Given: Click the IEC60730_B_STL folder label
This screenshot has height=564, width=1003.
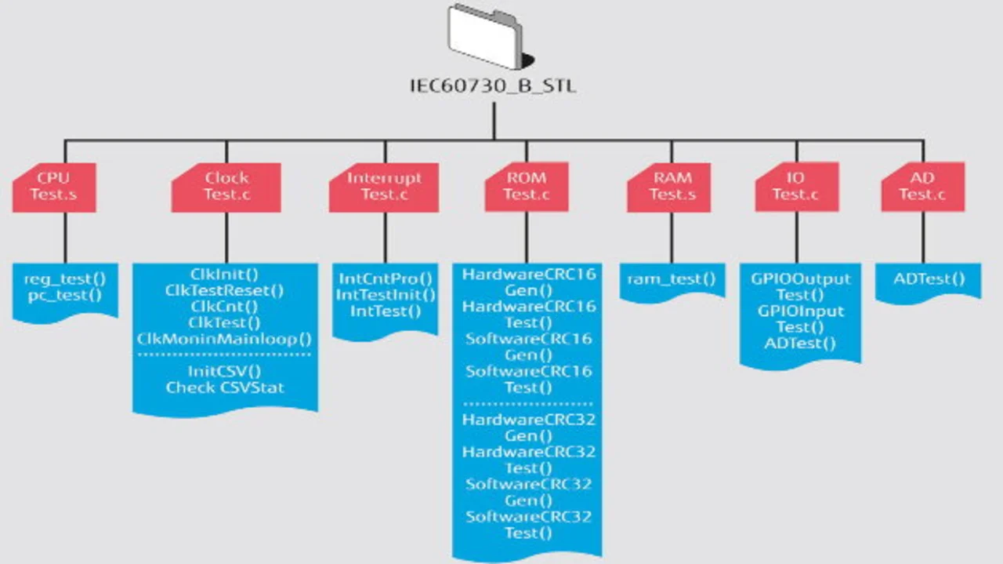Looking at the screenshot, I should pos(493,86).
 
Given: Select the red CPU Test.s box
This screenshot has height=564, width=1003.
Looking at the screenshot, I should pos(53,187).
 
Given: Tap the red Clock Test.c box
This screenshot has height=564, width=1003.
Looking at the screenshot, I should pos(226,187).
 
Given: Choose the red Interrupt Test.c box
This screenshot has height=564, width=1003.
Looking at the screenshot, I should pos(384,187).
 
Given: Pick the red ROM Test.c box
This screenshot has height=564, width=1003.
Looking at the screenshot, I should pos(526,187).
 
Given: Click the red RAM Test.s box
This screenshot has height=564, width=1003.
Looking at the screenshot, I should pos(671,187).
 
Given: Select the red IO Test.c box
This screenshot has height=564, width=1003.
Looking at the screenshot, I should pos(796,187).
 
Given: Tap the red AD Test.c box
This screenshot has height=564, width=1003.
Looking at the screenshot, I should pos(922,187).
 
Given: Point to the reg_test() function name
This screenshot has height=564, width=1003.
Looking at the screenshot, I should pos(64,279).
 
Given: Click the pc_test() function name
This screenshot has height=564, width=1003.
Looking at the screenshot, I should pos(64,296).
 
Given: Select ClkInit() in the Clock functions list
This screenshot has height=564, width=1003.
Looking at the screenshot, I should pos(224,275).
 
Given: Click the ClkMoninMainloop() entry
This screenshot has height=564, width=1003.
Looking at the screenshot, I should pos(224,339).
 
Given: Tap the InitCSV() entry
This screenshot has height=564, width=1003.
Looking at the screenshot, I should pos(224,371).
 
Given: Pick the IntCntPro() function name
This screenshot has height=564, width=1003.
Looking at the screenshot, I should pos(385,278).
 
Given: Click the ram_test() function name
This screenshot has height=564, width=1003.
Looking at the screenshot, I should pos(671,278).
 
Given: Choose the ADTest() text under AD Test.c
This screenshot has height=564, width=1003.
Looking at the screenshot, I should pos(929,278).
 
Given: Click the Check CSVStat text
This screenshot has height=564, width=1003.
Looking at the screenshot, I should pos(224,388).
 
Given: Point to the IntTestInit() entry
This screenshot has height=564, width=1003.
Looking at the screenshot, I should pos(385,295).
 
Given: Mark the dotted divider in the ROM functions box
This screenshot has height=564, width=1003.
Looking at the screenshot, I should pos(527,404).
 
